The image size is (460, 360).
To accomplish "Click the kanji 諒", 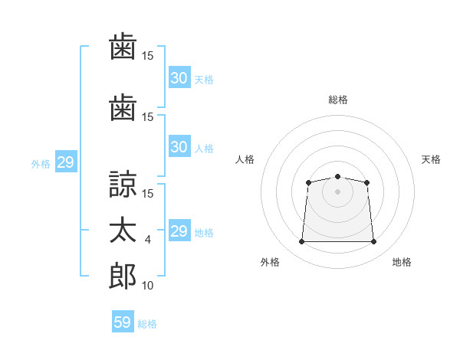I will pos(122,185).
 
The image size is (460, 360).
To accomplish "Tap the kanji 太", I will pos(122,231).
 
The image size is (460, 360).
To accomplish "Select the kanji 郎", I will pos(122,277).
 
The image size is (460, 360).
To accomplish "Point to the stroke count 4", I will pos(148,240).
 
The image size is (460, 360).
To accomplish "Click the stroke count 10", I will pos(148,286).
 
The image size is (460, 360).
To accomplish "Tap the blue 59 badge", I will pos(123,322).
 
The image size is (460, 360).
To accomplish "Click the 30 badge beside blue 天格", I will pos(179,78).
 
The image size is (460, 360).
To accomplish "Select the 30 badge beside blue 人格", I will pos(179,147).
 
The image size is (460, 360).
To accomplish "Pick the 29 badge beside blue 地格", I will pos(179,231).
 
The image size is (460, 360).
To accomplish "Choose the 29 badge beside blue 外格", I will pos(65,162).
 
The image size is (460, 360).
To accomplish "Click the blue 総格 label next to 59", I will pos(147,324).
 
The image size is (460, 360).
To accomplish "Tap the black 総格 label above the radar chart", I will pos(337,100).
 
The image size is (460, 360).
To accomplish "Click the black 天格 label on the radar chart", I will pos(431,159).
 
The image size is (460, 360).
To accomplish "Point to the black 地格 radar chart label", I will pos(402,263).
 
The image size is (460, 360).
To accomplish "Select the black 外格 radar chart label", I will pos(270,263).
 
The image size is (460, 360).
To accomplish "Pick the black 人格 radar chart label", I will pos(245,159).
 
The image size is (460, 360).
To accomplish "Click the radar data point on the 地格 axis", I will pos(374,242).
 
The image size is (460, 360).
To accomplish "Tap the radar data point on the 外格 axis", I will pos(301,242).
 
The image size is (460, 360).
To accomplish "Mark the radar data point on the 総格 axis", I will pos(337,177).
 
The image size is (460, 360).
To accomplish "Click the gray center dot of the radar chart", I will pos(337,191).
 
